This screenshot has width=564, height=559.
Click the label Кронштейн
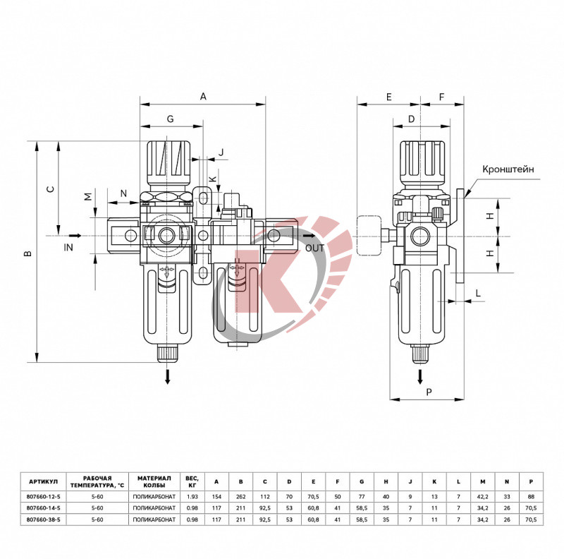pos(508,169)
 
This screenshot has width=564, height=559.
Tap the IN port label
pos(68,248)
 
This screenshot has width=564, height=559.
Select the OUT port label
pos(315,248)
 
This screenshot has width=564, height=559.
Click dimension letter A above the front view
pos(203,96)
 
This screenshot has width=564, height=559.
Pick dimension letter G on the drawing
pos(170,119)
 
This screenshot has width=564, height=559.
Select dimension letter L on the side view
pos(477,292)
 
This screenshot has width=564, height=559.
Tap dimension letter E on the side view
pos(388,97)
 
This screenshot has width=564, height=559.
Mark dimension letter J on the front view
pos(221,152)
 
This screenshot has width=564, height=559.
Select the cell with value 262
pos(241,496)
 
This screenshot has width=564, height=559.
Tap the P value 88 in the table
pos(531,496)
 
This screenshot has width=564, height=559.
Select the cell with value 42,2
pos(482,496)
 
